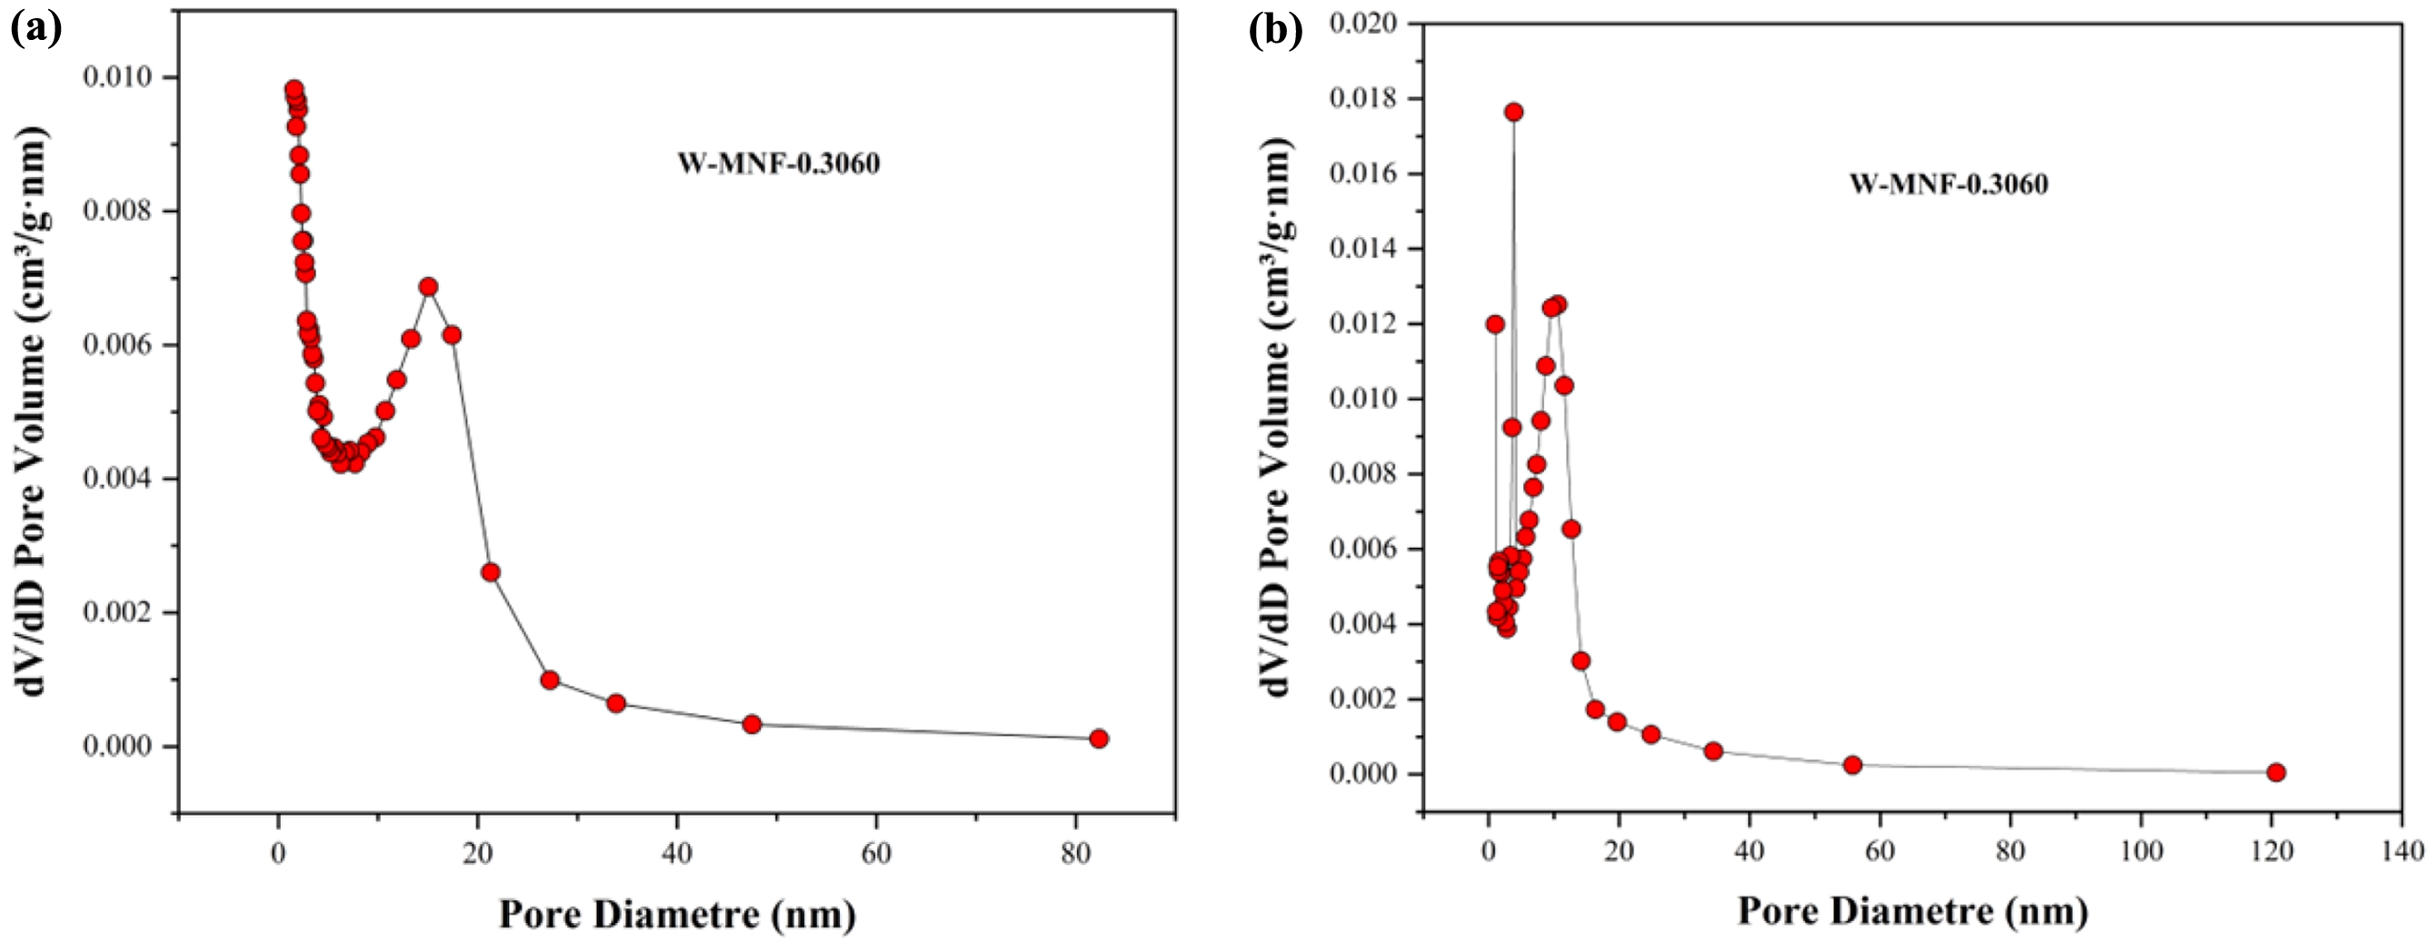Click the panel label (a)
pos(35,30)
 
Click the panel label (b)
pos(1276,30)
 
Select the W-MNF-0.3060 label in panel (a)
pos(778,164)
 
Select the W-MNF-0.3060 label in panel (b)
pos(1949,184)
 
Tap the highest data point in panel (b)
pos(1514,113)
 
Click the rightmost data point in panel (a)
pos(1099,739)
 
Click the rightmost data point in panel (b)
pos(2276,772)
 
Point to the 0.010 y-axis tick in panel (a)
pos(118,77)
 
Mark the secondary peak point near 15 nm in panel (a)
pos(429,287)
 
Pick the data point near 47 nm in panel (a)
pos(752,724)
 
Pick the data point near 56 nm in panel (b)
pos(1852,765)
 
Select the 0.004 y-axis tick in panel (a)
pos(118,479)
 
